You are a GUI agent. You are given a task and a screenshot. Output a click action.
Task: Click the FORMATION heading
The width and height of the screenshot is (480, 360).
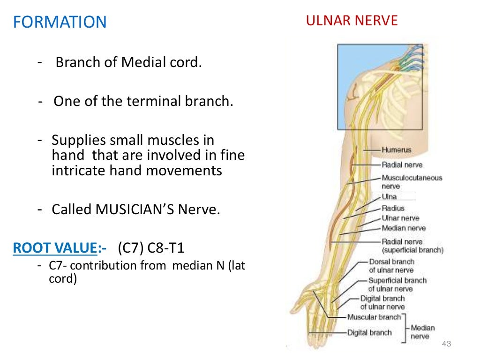tap(60, 22)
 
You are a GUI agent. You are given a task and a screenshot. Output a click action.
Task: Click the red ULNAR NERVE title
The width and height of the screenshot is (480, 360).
tap(352, 21)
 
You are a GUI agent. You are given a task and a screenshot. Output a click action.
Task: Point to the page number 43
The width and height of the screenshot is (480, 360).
tap(446, 345)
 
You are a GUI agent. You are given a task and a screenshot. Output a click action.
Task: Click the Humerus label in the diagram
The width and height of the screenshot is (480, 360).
tap(396, 150)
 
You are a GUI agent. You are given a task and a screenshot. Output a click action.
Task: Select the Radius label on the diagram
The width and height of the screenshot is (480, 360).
tap(393, 208)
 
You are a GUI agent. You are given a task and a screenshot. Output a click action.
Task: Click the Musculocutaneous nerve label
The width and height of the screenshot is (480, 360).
tap(412, 182)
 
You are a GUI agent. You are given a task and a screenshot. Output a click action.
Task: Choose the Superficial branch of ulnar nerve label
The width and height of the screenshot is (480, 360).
tap(397, 285)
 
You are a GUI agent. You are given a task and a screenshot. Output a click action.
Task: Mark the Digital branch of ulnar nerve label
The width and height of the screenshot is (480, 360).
tap(382, 302)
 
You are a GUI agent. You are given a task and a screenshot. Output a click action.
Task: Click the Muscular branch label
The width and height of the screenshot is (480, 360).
tap(374, 317)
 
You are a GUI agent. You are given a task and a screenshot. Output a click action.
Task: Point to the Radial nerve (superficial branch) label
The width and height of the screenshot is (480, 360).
tap(412, 246)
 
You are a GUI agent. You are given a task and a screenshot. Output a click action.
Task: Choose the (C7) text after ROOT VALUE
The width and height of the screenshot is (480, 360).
tap(128, 247)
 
